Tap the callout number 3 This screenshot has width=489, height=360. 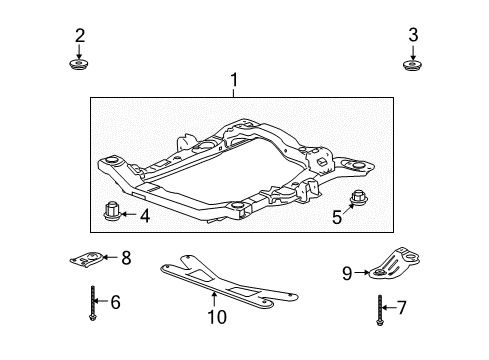tap(413, 37)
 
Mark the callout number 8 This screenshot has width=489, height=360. tap(125, 258)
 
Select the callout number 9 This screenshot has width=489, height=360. tap(348, 271)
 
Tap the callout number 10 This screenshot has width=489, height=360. tap(212, 318)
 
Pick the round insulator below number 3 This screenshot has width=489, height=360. tap(413, 66)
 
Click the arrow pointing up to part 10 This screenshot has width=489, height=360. tap(212, 299)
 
